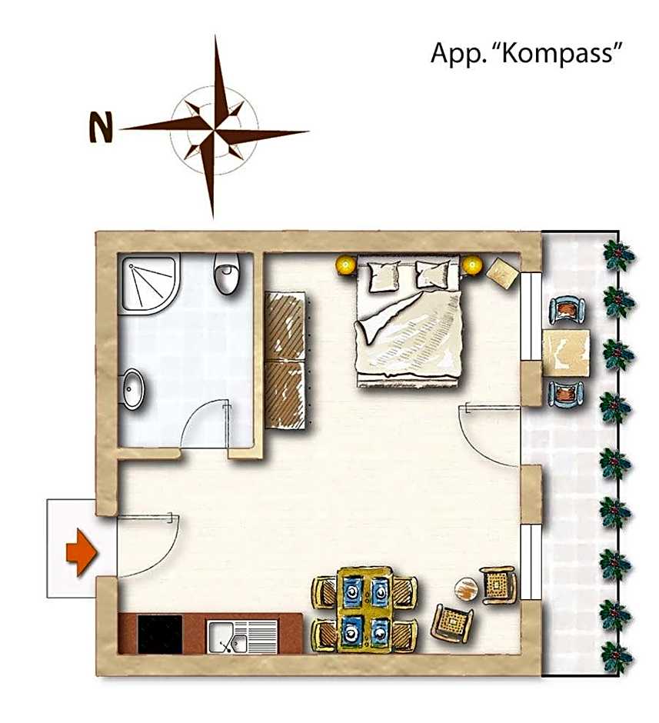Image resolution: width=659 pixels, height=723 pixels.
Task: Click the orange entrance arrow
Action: pos(82,553)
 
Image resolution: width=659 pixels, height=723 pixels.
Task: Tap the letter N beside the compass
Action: pos(101,127)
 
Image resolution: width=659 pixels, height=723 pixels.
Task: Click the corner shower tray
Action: pos(148,285)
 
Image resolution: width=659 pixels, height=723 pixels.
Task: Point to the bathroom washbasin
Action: pos(133,389)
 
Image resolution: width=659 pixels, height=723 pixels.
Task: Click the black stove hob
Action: pos(161,635)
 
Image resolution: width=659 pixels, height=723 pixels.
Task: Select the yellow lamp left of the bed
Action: pos(345,265)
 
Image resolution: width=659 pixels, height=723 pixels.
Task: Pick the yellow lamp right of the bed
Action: pos(472,265)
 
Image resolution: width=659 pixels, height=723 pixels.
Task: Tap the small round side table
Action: pos(466,589)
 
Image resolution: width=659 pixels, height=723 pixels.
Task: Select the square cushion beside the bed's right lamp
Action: pos(503,273)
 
